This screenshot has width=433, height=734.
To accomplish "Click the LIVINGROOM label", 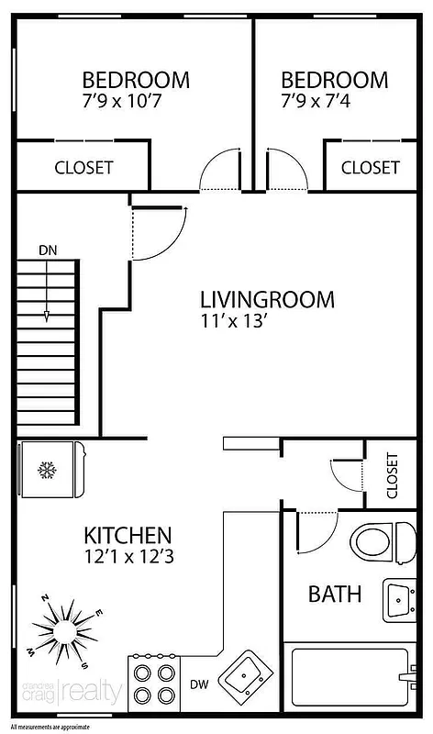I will tap(267, 299).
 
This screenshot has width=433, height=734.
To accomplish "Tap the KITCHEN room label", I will tap(128, 534).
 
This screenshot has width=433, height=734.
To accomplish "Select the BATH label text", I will tap(335, 594).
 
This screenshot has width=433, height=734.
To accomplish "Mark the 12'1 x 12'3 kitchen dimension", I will tap(128, 556).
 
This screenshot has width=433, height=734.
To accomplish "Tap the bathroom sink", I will tap(398, 601).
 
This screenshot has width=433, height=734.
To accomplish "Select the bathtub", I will tap(349, 679).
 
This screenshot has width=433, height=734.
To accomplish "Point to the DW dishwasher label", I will tap(199, 684).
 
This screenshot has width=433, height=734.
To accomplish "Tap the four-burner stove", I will tap(154, 684).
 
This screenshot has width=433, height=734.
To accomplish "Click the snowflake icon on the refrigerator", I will tap(47, 471).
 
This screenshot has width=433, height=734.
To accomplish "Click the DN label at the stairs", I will tap(48, 250).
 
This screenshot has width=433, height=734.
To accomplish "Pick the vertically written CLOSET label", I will tap(393, 474).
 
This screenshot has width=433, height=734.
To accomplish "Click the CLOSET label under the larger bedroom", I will tap(83, 168).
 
